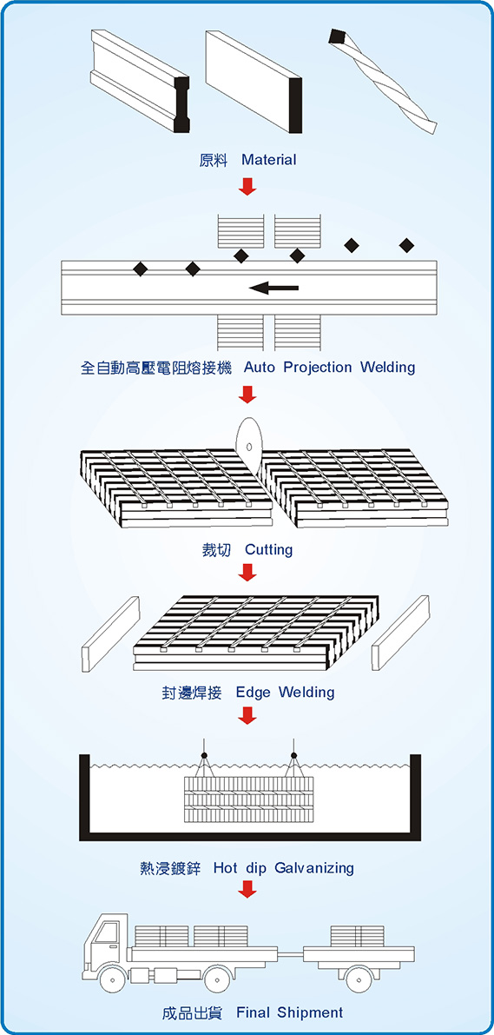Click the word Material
(269, 160)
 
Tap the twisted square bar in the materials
(383, 80)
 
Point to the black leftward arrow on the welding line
(273, 288)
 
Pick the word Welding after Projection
(388, 367)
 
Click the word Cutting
(268, 549)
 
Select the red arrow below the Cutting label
(247, 572)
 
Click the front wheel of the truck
(113, 980)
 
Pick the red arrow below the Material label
(247, 186)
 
